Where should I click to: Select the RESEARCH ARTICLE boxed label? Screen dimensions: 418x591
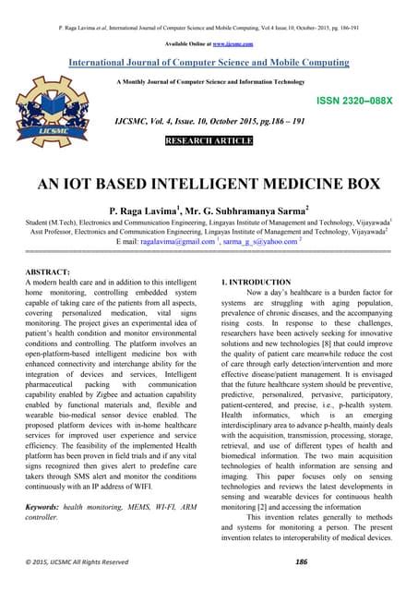[x=208, y=142]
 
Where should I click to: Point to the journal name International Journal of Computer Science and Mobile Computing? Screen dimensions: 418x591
[x=209, y=63]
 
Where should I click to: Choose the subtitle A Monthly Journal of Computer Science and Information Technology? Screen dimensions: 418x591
[x=209, y=82]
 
